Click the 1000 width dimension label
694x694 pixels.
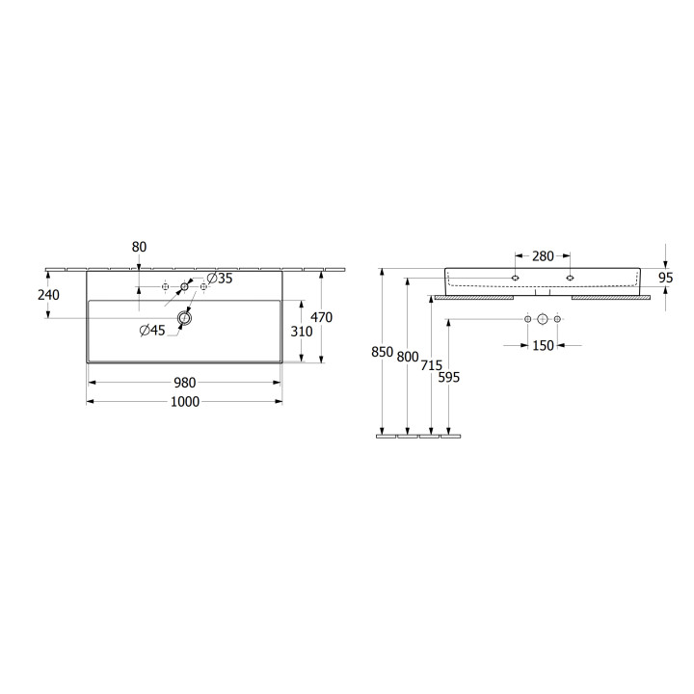(185, 401)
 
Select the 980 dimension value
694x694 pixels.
(184, 383)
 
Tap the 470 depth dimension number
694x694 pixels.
(321, 317)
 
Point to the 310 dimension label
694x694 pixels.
(302, 331)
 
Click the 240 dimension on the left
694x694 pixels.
(48, 295)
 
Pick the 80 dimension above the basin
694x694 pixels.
(139, 247)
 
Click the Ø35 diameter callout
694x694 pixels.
(220, 279)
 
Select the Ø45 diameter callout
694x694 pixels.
(152, 331)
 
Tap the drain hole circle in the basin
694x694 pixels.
(184, 318)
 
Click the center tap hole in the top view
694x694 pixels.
(184, 287)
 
